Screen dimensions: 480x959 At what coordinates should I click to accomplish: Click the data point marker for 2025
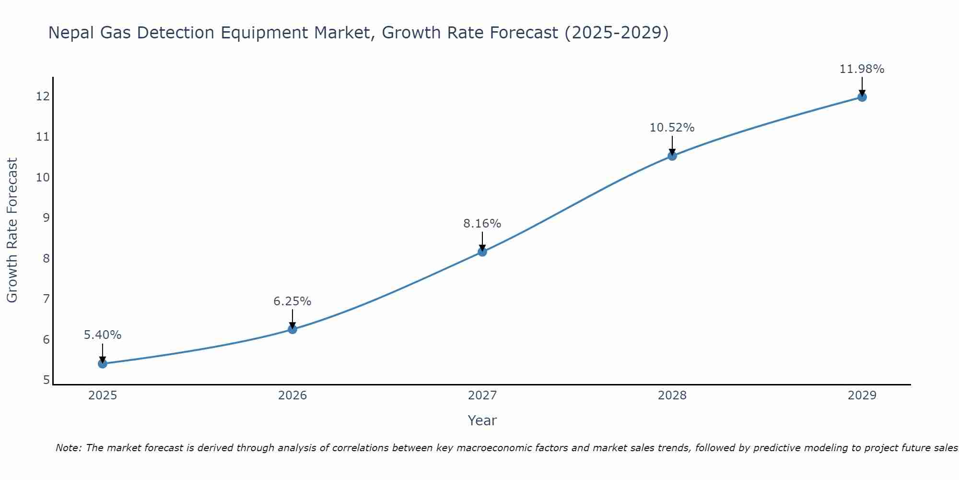(103, 364)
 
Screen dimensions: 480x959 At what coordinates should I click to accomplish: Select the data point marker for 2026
(292, 329)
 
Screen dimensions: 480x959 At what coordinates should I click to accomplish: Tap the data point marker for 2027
(482, 252)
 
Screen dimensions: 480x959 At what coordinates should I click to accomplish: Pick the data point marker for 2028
(672, 156)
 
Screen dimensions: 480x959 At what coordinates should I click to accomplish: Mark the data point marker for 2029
(862, 97)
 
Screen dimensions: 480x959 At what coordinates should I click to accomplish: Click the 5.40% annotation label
(103, 335)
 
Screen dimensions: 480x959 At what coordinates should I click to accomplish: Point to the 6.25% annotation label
(292, 301)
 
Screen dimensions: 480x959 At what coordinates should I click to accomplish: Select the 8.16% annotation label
(482, 224)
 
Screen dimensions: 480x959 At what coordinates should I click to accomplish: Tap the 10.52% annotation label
(672, 128)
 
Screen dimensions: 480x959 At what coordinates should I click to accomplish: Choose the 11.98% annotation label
(862, 69)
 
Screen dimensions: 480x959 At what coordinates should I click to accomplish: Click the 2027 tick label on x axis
(482, 396)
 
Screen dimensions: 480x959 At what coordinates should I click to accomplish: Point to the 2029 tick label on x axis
(862, 396)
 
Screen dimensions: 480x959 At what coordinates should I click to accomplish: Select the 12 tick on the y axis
(43, 96)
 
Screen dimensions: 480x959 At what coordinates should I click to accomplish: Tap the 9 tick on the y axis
(46, 218)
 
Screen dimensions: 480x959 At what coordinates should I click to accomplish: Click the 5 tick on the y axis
(46, 380)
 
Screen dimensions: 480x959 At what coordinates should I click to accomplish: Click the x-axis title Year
(482, 420)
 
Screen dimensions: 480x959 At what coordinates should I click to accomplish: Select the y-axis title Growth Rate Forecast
(12, 230)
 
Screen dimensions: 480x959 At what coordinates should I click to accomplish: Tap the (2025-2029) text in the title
(616, 33)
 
